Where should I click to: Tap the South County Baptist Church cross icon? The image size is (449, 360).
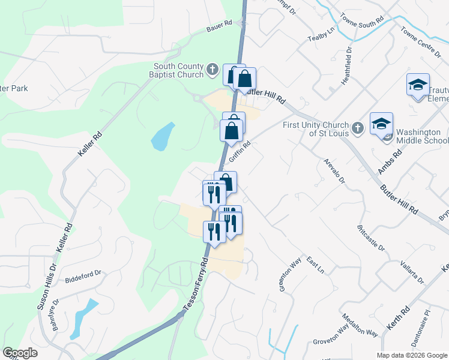212,70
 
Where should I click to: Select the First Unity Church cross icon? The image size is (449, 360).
357,128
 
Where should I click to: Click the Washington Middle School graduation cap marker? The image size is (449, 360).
381,124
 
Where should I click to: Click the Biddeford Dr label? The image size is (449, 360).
83,275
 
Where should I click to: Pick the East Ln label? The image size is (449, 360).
315,263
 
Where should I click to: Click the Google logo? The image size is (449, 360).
20,353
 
